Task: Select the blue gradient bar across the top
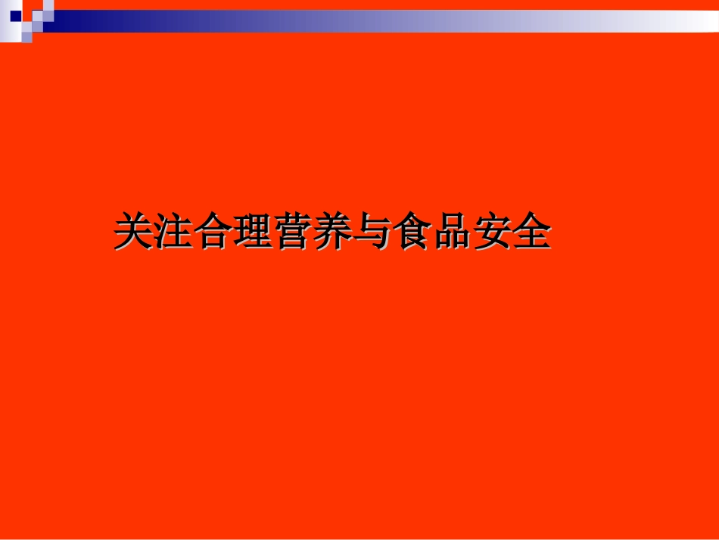click(x=378, y=20)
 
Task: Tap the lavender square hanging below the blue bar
click(x=27, y=36)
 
